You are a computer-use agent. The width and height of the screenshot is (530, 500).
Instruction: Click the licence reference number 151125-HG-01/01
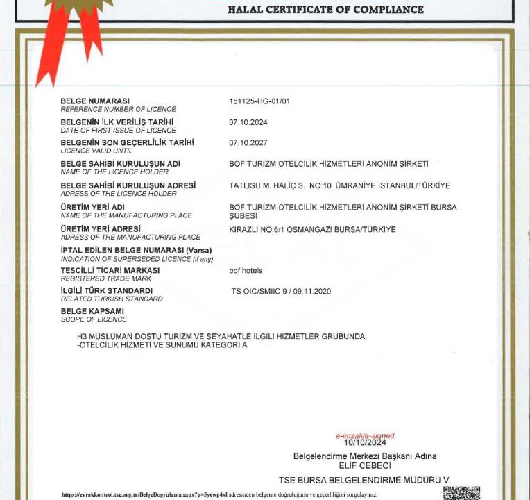259,101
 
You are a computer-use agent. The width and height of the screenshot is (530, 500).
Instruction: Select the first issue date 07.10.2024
248,122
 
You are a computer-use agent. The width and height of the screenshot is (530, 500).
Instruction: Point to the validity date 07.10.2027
248,143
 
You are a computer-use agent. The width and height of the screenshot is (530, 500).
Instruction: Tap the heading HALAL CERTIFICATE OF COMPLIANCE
325,10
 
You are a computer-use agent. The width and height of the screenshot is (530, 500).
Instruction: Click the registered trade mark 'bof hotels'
246,270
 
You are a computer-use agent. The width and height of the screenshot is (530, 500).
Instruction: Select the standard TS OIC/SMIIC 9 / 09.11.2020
281,291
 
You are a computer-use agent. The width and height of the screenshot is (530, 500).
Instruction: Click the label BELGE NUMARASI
95,101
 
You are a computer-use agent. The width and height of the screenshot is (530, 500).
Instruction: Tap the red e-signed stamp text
364,436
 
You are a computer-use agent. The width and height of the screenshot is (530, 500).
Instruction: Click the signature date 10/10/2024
364,442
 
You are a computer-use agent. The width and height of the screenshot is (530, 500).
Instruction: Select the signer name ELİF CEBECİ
365,465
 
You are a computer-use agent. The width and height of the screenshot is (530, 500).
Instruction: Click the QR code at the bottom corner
461,492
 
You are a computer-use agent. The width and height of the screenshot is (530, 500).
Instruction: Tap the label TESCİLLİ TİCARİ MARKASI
110,270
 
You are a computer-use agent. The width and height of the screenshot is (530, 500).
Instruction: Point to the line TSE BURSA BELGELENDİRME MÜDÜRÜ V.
365,480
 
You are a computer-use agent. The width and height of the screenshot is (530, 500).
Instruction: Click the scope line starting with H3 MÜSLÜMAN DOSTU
222,336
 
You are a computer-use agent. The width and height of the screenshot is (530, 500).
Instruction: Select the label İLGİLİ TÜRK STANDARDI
107,290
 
